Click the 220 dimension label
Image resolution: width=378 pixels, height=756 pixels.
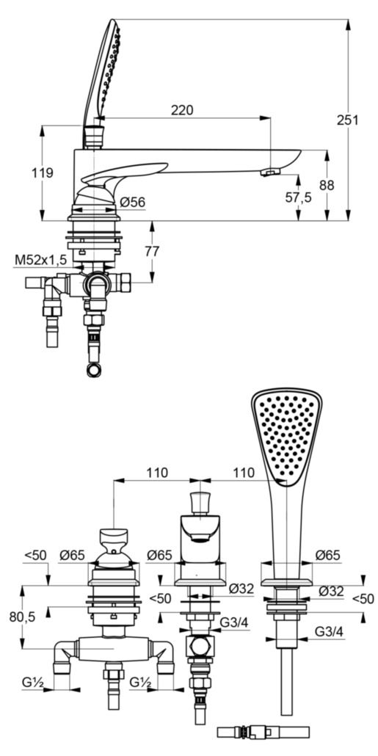(x=182, y=110)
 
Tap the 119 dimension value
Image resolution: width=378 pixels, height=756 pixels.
(x=43, y=173)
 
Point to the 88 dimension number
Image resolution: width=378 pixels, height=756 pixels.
(x=327, y=185)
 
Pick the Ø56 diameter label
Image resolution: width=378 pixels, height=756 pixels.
(x=132, y=201)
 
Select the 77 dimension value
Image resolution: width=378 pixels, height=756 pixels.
(x=152, y=251)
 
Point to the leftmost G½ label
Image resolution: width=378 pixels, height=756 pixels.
(x=33, y=681)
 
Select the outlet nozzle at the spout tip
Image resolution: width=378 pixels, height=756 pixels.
(x=269, y=172)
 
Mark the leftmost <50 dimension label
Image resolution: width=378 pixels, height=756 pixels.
(x=34, y=556)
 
